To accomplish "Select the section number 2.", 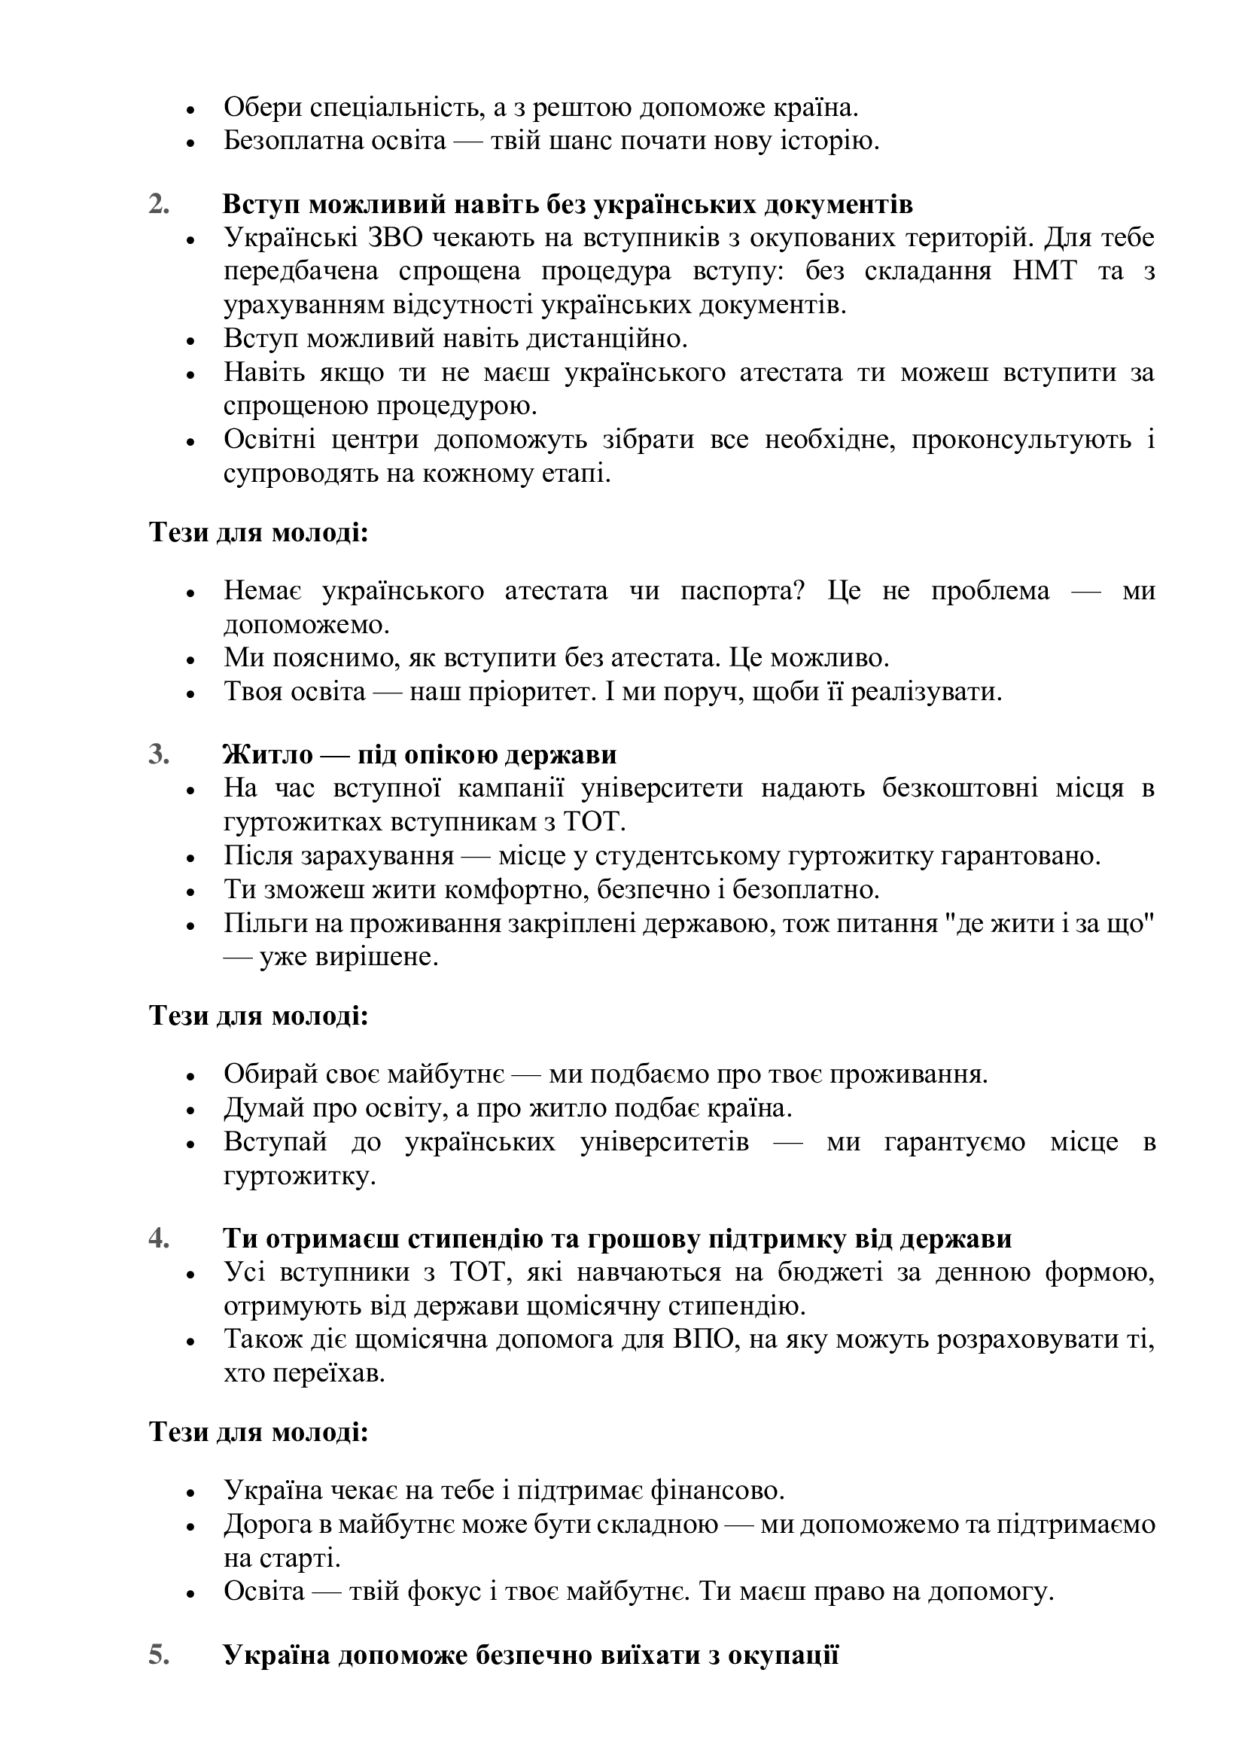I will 159,205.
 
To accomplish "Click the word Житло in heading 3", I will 267,754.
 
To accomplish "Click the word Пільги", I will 257,924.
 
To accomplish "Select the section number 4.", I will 159,1238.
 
